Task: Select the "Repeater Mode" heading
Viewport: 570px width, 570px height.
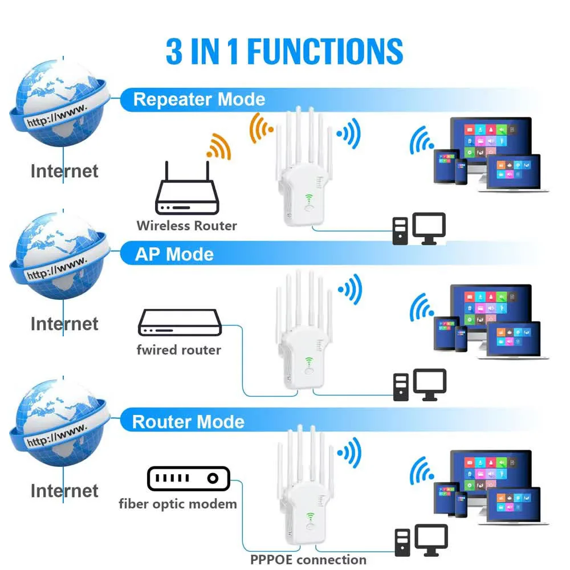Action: coord(199,100)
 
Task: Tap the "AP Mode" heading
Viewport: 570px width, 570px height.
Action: coord(174,254)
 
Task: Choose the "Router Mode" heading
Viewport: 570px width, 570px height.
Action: coord(188,422)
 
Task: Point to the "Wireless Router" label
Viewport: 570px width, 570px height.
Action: coord(186,226)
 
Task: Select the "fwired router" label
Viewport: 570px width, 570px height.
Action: coord(178,349)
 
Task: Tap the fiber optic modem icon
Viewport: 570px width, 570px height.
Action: coord(188,479)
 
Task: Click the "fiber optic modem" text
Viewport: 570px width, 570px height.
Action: coord(178,504)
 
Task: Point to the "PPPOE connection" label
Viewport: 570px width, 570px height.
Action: coord(308,560)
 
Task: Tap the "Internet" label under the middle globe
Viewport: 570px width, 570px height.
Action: coord(64,324)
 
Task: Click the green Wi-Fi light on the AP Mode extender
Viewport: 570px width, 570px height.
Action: coord(310,360)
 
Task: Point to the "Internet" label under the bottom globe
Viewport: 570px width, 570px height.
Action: coord(64,491)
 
